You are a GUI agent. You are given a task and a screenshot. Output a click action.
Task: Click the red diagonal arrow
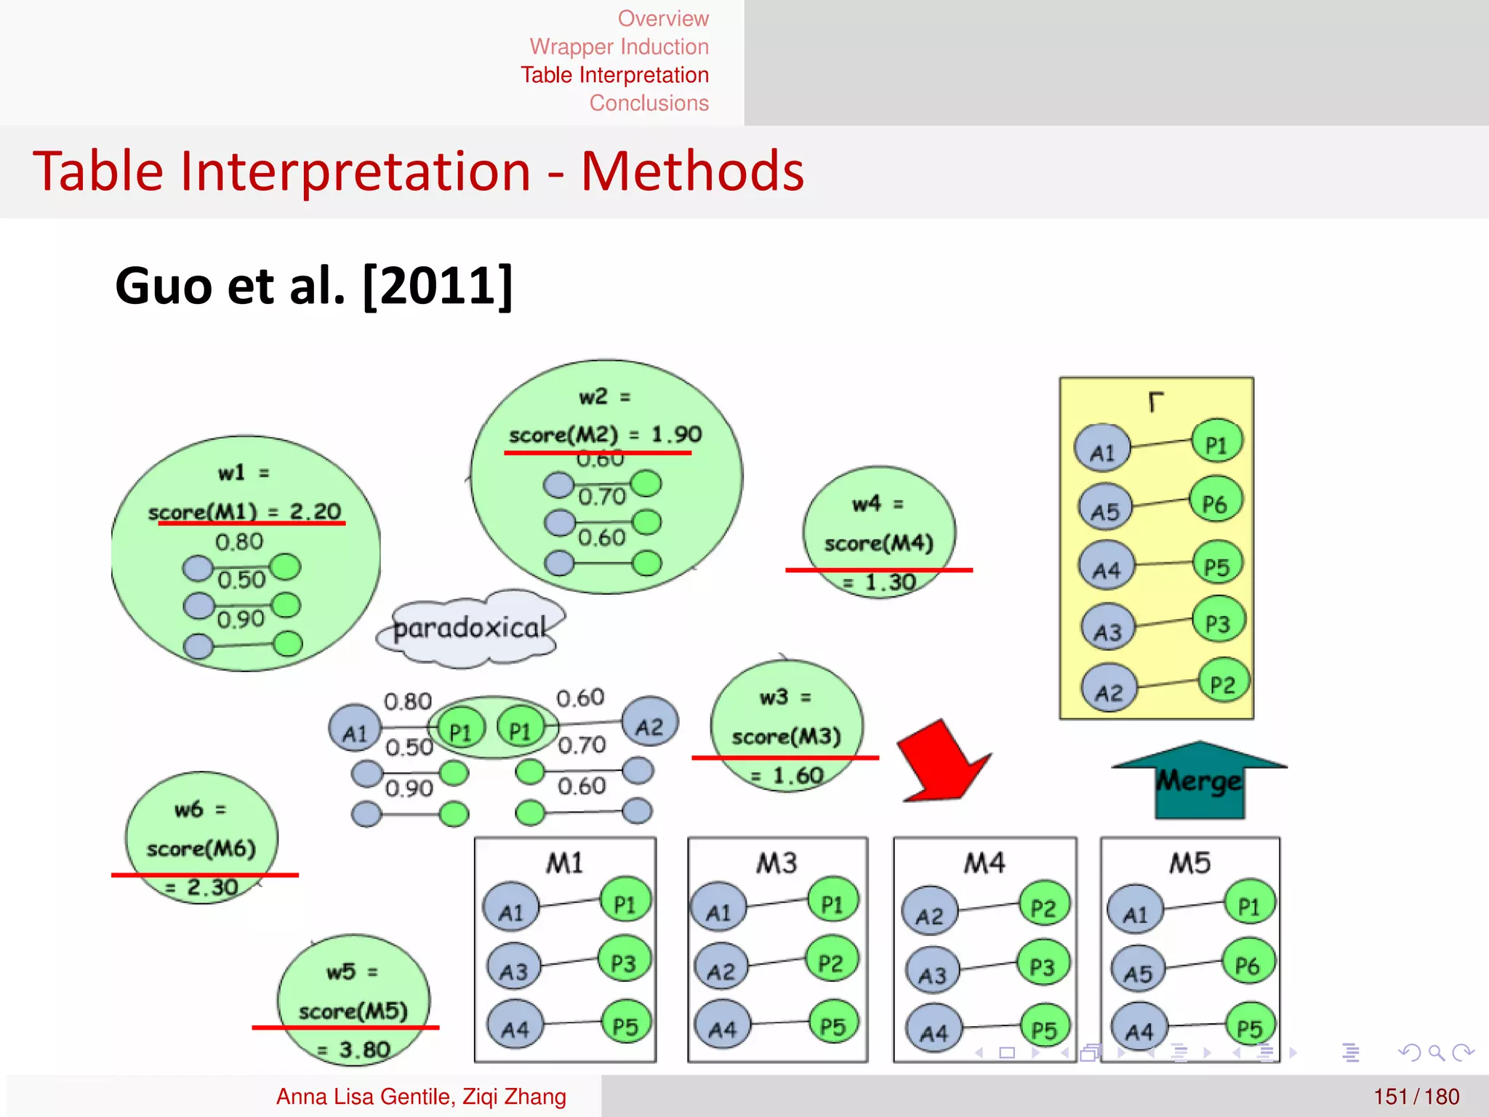[942, 763]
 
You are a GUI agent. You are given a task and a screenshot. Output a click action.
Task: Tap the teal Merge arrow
[1200, 780]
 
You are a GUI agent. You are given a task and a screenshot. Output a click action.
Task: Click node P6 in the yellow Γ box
[1216, 503]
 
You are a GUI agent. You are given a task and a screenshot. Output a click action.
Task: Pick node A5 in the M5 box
[1138, 972]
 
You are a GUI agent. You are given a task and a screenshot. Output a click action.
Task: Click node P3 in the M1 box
[624, 963]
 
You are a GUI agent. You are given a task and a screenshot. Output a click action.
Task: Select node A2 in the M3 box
[721, 971]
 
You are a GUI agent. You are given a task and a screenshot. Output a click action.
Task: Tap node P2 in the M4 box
[1044, 907]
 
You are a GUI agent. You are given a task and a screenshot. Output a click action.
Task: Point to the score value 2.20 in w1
[316, 511]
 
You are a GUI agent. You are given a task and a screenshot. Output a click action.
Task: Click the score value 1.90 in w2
[676, 434]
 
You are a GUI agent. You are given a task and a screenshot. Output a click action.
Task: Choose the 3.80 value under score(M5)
[364, 1049]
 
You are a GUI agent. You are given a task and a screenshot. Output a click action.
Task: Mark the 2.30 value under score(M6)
[212, 887]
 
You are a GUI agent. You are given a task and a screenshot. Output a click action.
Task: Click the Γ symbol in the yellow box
[1155, 401]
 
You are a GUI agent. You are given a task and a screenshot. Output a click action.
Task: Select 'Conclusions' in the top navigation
[649, 103]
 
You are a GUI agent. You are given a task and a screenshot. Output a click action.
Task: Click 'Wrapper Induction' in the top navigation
[619, 47]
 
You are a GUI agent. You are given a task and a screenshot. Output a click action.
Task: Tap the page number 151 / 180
[1416, 1097]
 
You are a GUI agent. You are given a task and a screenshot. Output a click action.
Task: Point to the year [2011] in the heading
[438, 286]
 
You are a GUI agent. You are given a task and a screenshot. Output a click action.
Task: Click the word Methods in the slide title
[692, 172]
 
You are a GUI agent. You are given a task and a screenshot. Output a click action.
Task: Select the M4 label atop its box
[984, 863]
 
